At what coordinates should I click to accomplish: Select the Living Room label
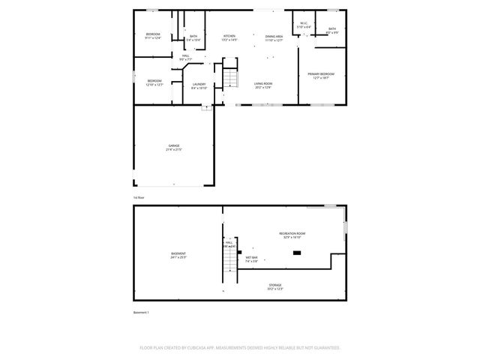[262, 85]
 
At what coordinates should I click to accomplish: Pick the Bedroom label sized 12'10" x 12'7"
[154, 82]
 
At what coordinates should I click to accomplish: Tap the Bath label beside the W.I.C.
[332, 31]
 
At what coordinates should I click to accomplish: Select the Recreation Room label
[292, 235]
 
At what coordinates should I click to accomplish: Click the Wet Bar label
[251, 259]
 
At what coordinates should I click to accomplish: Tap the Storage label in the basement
[276, 286]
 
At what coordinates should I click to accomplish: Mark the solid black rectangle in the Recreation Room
[297, 253]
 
